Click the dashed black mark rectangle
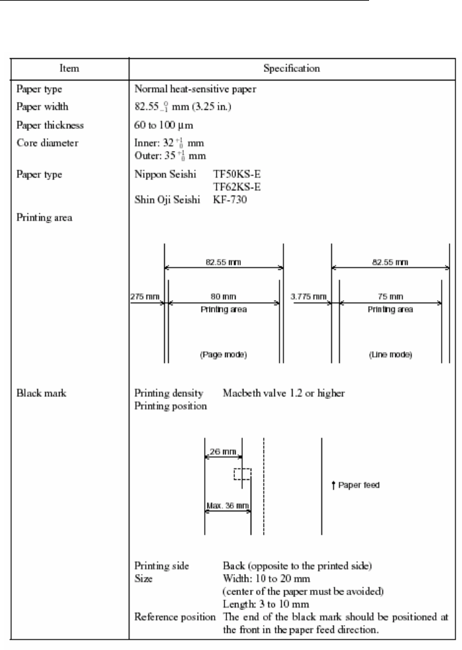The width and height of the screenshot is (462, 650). point(242,474)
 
